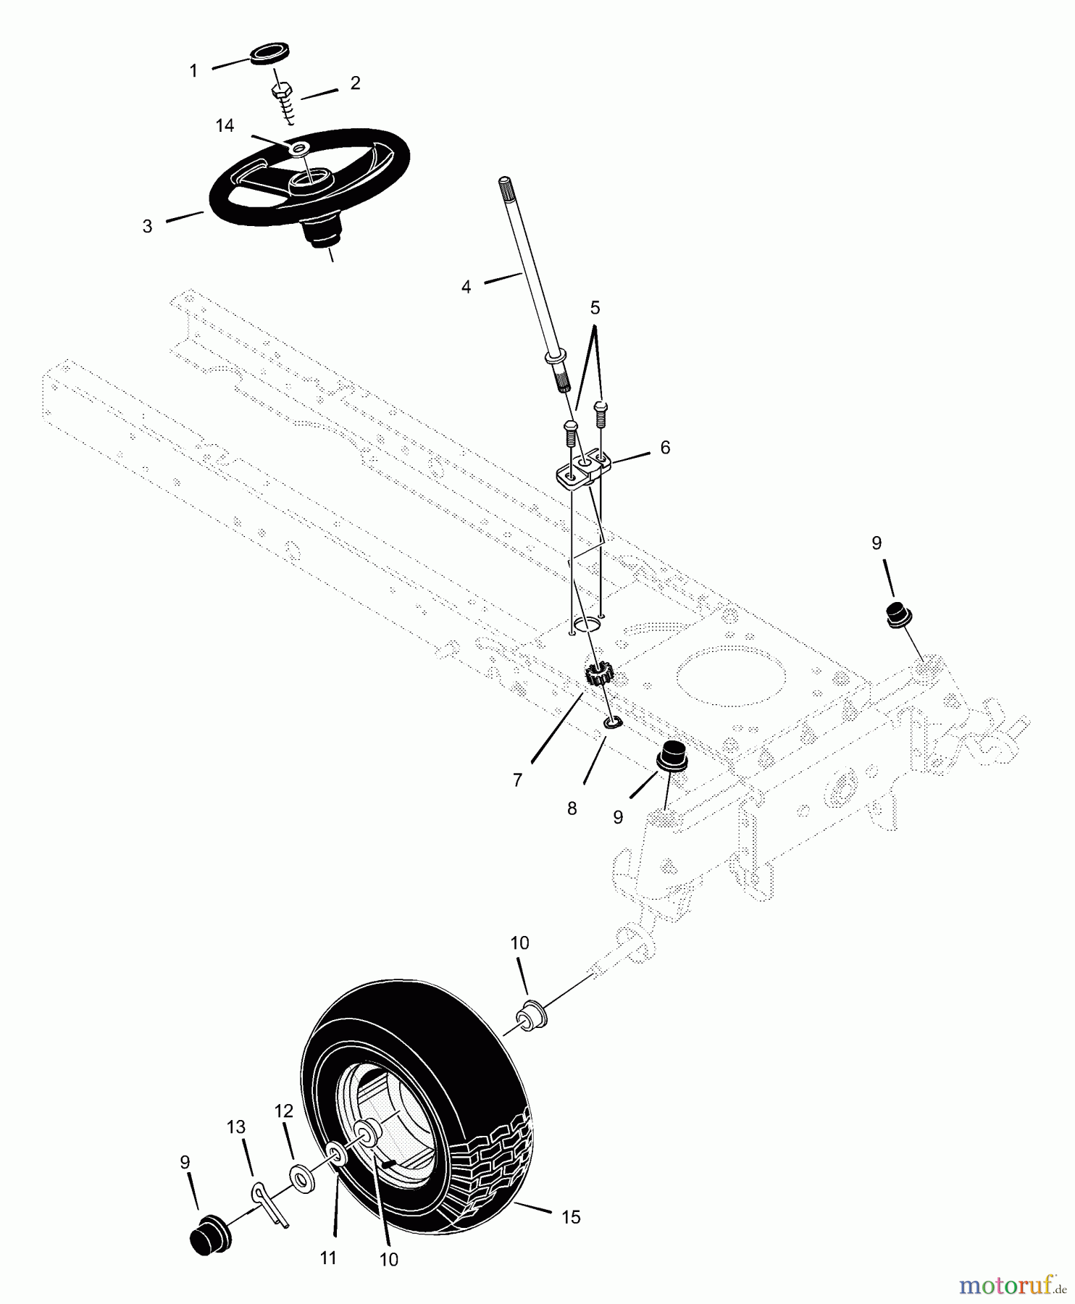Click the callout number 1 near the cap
[x=193, y=70]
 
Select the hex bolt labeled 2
[x=282, y=93]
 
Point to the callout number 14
[x=225, y=125]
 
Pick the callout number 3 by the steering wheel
[x=148, y=226]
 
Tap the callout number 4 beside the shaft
[x=466, y=287]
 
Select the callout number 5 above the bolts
[x=595, y=308]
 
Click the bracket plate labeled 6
[x=584, y=467]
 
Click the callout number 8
[x=572, y=808]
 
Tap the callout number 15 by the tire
[x=571, y=1216]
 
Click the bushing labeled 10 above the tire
[x=530, y=1015]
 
